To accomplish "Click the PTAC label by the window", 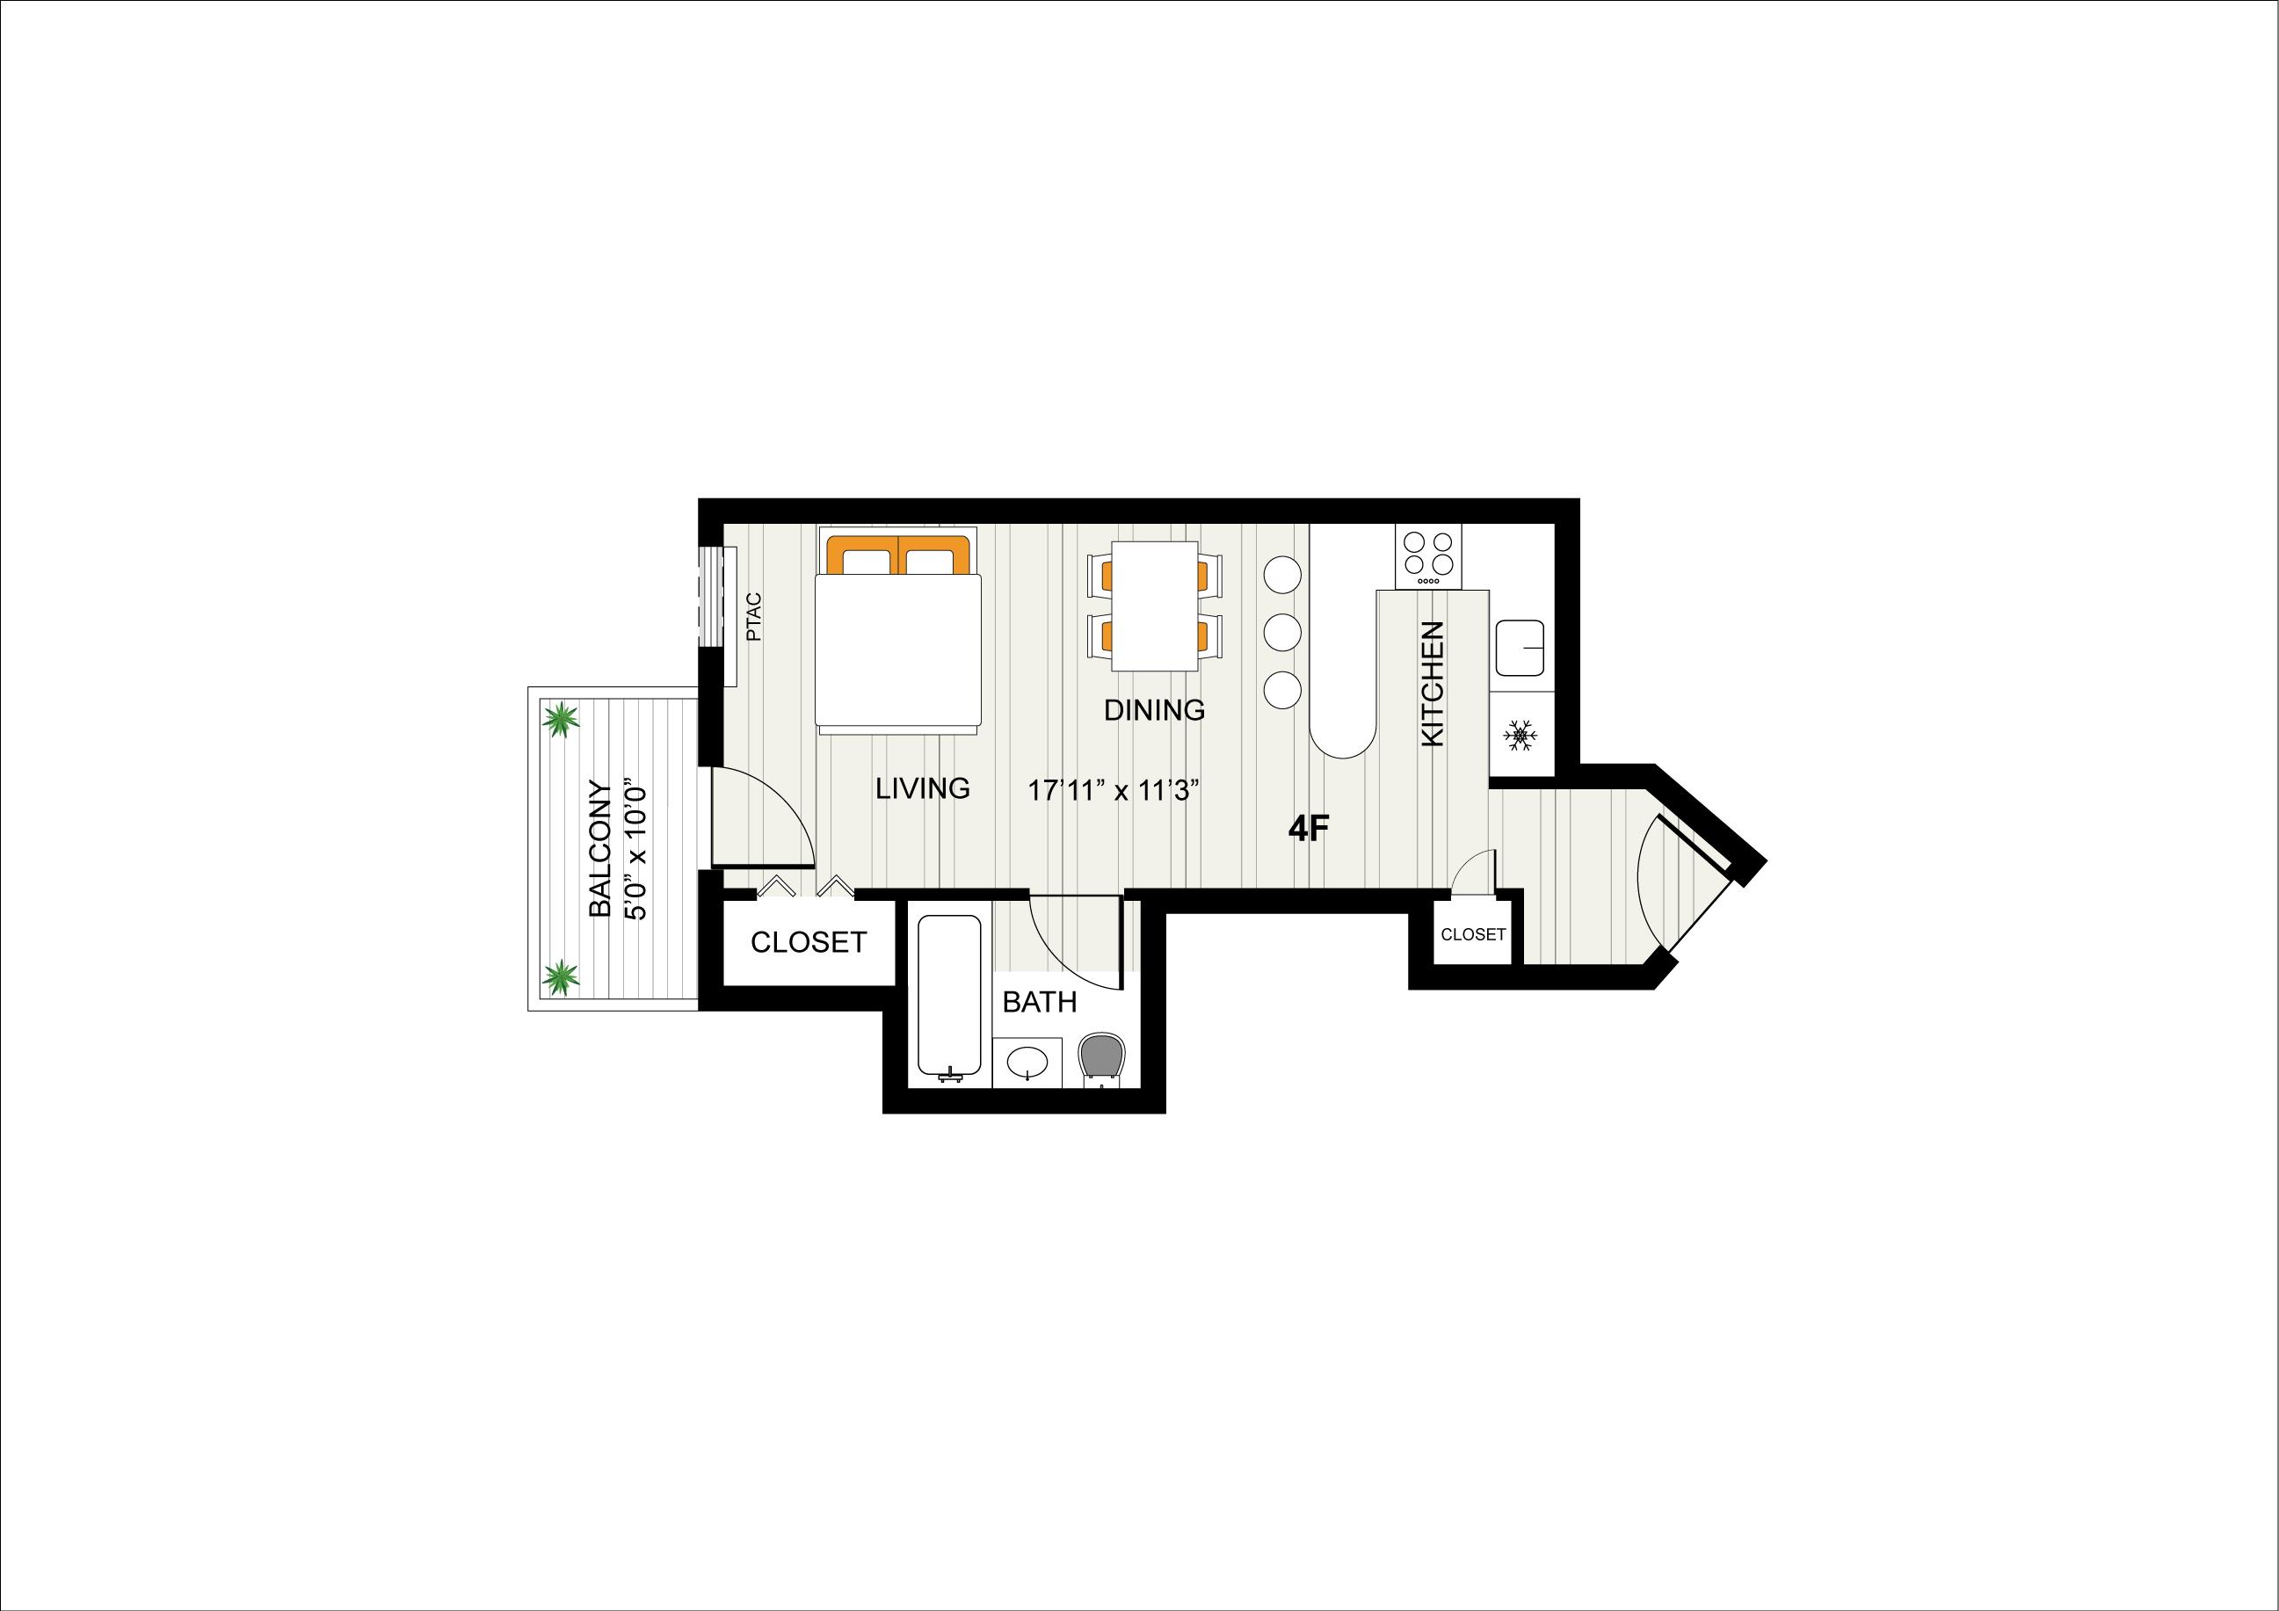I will click(753, 616).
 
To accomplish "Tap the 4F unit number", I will click(1307, 829).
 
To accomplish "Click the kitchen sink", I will click(1520, 646).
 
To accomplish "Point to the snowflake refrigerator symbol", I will click(1520, 736).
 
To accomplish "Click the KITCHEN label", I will click(1433, 684).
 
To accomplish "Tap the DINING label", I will click(1154, 710).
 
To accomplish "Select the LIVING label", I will click(922, 788).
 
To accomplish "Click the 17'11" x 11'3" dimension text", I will click(1114, 791).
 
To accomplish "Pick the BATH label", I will click(1039, 1002).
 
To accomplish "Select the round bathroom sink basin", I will click(1027, 1063).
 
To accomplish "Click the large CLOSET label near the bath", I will click(808, 942).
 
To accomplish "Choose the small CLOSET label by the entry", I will click(1473, 934).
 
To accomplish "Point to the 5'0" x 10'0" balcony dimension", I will click(635, 853).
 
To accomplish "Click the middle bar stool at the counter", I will click(1282, 630).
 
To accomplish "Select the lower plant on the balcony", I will click(561, 977).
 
